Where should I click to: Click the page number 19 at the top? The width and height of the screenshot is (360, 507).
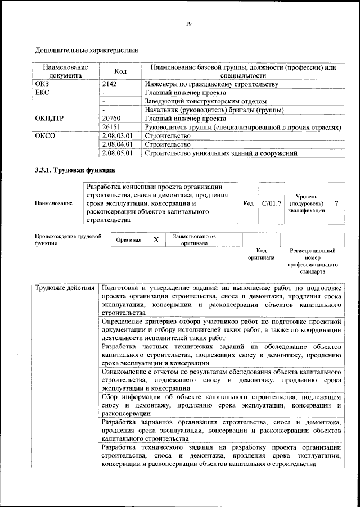coord(188,23)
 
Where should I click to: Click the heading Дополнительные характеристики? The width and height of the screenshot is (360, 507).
coord(87,50)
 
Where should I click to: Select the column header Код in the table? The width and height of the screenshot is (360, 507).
coord(120,71)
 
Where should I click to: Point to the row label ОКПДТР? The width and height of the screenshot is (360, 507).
coord(49,119)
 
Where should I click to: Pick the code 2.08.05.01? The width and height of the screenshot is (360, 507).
coord(118,152)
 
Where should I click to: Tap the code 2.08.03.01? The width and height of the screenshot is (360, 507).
coord(118,135)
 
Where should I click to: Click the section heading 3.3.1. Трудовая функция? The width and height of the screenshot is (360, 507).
coord(75,170)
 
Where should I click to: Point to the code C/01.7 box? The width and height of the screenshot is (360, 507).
coord(272,202)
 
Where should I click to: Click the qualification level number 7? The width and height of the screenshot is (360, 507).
coord(336,202)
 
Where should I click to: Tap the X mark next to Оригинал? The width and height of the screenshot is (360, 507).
coord(156,240)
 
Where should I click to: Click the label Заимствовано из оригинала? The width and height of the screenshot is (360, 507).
coord(195,240)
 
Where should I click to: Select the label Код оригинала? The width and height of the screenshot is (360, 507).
coord(261,254)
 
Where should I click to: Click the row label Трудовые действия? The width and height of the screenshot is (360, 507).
coord(65,288)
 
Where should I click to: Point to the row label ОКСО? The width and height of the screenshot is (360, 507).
coord(45,135)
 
